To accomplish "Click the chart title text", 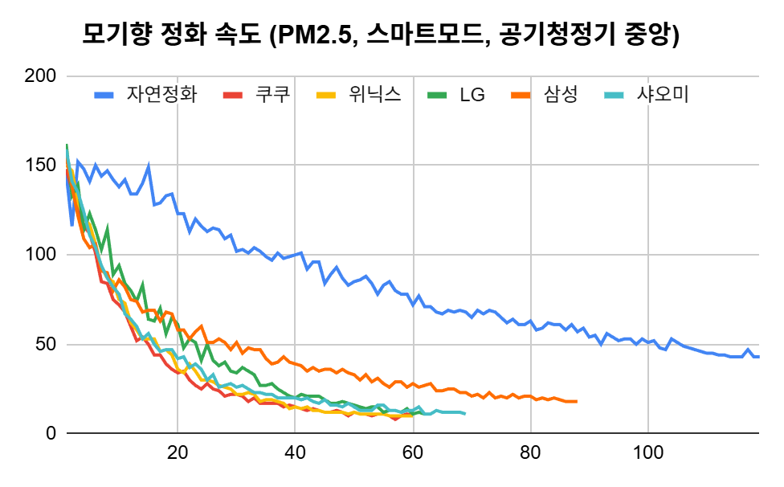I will [381, 35].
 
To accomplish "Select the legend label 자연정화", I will [161, 95].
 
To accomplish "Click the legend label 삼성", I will [562, 95].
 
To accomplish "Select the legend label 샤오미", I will [661, 95].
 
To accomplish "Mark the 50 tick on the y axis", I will [45, 345].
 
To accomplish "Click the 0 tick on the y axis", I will [50, 434].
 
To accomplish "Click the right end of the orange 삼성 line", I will [577, 401].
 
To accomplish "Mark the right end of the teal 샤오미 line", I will [465, 414].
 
